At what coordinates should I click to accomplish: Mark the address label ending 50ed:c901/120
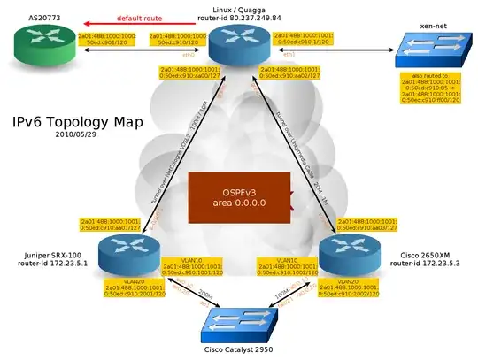[107, 39]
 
